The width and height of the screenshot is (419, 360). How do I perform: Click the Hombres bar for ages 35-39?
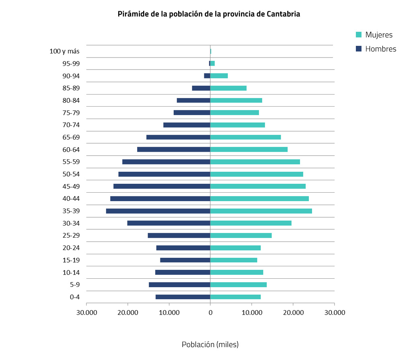tap(158, 211)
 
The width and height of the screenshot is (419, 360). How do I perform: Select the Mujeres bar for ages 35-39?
tap(261, 211)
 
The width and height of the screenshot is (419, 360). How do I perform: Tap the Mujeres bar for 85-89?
tap(228, 88)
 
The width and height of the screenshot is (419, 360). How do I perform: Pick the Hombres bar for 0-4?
tap(183, 297)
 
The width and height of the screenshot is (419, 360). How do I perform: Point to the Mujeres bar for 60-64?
tap(249, 149)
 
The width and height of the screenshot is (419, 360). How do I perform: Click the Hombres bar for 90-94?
tap(207, 76)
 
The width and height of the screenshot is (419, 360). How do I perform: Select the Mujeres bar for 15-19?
tap(234, 260)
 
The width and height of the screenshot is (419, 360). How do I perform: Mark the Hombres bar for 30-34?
tap(169, 223)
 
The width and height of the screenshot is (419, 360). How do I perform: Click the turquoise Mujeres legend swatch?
tap(359, 35)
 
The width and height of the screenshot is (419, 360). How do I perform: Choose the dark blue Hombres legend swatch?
tap(359, 49)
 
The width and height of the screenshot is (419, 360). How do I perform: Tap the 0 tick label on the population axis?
tap(210, 313)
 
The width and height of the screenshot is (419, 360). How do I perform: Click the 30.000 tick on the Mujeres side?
tap(335, 313)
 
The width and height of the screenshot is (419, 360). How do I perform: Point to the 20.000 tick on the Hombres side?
tap(128, 313)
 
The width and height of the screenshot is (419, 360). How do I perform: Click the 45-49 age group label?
tap(71, 186)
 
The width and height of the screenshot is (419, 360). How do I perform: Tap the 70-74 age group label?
tap(71, 125)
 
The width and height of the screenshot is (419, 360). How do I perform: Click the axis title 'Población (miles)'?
tap(210, 345)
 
